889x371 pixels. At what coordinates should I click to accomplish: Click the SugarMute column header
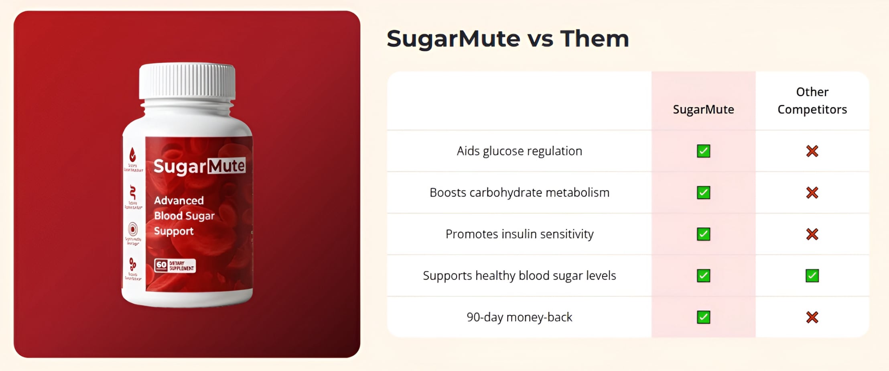point(703,110)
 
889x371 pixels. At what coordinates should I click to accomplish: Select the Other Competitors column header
point(812,101)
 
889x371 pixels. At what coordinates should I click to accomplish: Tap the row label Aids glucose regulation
point(519,151)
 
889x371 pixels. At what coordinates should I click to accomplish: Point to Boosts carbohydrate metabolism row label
point(519,193)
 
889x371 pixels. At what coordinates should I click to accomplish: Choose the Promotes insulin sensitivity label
point(519,234)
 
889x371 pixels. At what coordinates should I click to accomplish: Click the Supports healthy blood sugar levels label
point(519,276)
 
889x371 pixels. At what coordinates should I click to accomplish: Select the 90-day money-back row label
point(519,317)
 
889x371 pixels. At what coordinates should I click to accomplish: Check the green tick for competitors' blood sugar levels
point(812,276)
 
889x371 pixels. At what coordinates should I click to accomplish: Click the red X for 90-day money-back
point(812,318)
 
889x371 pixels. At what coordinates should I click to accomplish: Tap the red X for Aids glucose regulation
point(812,151)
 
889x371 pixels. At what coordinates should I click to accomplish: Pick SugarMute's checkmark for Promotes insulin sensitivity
point(703,234)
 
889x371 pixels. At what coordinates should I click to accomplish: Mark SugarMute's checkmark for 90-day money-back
point(703,317)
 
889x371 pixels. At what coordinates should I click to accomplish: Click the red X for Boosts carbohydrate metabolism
point(812,193)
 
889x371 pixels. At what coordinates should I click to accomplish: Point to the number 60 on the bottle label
point(161,265)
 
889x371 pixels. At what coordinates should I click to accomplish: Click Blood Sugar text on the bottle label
point(184,216)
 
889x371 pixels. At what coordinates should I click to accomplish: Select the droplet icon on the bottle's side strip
point(132,155)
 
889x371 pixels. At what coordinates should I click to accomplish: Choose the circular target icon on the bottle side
point(133,229)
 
